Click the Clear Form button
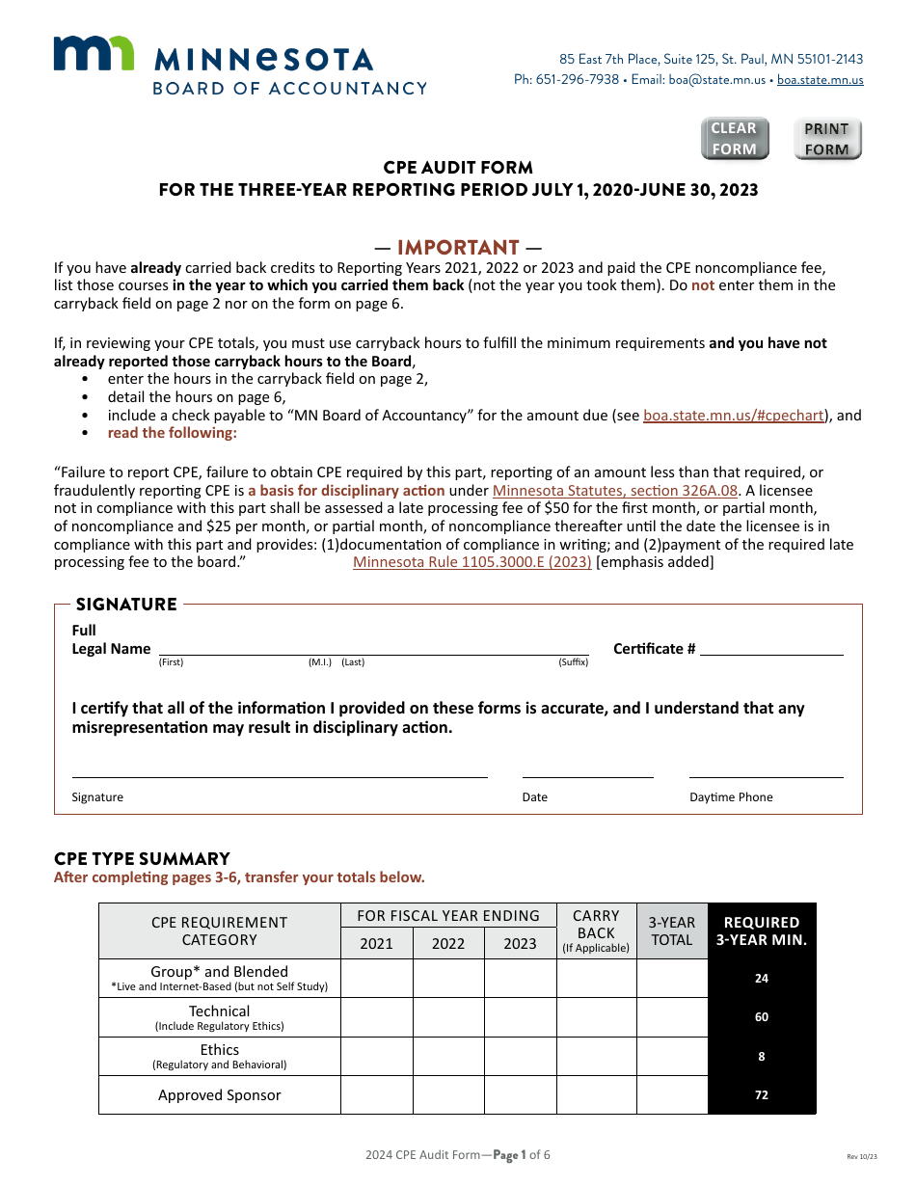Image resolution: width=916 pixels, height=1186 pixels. click(x=734, y=139)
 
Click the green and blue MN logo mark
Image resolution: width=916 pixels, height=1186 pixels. click(x=94, y=54)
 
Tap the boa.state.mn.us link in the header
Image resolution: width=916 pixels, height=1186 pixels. click(x=820, y=80)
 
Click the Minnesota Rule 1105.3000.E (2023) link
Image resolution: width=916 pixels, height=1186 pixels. click(x=471, y=562)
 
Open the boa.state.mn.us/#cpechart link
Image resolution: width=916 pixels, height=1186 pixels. click(x=733, y=416)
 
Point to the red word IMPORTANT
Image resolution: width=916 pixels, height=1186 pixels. click(x=458, y=248)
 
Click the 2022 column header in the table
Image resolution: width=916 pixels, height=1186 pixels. click(x=448, y=943)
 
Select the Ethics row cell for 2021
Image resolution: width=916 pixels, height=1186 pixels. click(x=376, y=1057)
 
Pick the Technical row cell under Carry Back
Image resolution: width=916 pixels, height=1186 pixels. click(x=596, y=1017)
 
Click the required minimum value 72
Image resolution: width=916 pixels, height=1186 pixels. click(x=762, y=1095)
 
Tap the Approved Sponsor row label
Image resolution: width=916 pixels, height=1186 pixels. click(x=220, y=1095)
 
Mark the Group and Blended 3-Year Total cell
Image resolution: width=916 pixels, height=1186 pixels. click(x=672, y=978)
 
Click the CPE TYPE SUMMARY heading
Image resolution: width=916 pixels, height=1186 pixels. click(x=142, y=858)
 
